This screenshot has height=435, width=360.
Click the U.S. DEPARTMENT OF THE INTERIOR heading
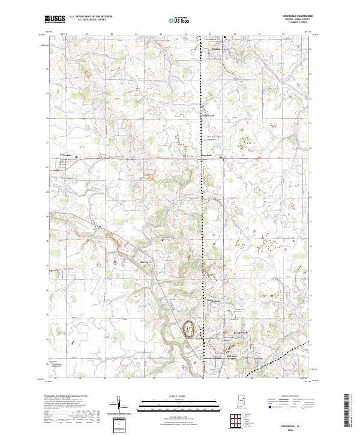click(x=90, y=17)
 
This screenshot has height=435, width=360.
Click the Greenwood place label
click(x=207, y=116)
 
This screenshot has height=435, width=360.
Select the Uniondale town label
click(x=68, y=155)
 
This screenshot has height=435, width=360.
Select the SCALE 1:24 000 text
click(x=179, y=397)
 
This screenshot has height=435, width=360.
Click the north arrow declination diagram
click(x=119, y=405)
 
